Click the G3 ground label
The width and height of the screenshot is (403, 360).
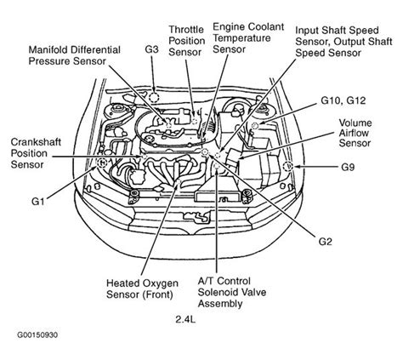(151, 49)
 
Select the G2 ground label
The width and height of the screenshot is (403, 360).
(325, 241)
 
